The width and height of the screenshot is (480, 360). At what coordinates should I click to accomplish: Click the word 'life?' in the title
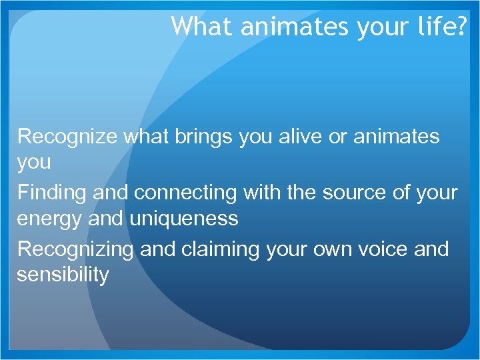(x=441, y=26)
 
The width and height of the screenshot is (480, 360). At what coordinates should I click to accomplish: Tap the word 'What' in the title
(x=193, y=26)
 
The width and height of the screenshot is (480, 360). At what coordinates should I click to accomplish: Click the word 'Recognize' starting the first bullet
(x=67, y=137)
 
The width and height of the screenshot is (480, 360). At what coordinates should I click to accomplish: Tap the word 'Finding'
(x=51, y=193)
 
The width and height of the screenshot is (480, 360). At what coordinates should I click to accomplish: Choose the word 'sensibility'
(x=63, y=274)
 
